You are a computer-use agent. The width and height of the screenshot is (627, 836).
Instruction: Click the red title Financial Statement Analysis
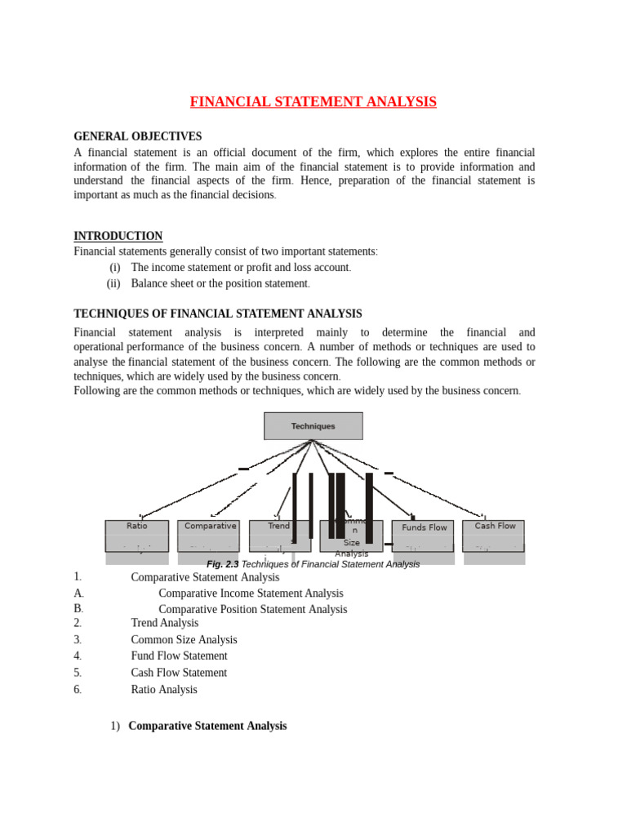pyautogui.click(x=313, y=102)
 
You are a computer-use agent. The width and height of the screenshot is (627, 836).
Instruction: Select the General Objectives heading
pyautogui.click(x=137, y=136)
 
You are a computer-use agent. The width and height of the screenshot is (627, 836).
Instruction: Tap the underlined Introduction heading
pyautogui.click(x=118, y=236)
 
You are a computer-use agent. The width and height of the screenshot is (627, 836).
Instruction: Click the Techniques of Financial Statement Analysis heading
pyautogui.click(x=217, y=313)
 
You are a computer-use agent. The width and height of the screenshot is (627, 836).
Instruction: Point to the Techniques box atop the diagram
pyautogui.click(x=313, y=426)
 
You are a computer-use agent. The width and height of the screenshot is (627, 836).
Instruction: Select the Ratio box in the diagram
pyautogui.click(x=137, y=536)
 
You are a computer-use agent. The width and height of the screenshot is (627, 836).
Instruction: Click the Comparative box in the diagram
pyautogui.click(x=210, y=536)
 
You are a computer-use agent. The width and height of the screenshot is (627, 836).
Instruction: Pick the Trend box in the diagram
pyautogui.click(x=279, y=536)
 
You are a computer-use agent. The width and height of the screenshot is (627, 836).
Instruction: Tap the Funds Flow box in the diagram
pyautogui.click(x=423, y=536)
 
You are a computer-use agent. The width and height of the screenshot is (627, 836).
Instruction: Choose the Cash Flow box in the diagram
pyautogui.click(x=494, y=536)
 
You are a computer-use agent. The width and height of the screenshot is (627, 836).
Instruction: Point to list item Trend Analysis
pyautogui.click(x=164, y=623)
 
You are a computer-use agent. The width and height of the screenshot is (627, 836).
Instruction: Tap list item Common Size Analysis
pyautogui.click(x=184, y=640)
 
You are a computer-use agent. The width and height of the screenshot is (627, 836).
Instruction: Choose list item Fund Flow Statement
pyautogui.click(x=179, y=656)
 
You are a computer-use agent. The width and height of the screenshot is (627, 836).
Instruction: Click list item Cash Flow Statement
pyautogui.click(x=179, y=673)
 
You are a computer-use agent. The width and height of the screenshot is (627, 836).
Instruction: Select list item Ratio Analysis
pyautogui.click(x=164, y=690)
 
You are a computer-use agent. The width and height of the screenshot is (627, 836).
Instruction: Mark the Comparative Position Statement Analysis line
pyautogui.click(x=252, y=609)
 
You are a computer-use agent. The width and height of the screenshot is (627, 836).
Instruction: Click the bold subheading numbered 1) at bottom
pyautogui.click(x=207, y=726)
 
